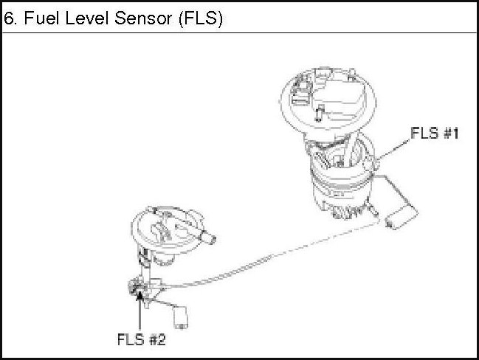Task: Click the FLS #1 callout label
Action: [x=435, y=134]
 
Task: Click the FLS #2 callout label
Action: [x=141, y=340]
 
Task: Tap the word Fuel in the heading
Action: [x=36, y=18]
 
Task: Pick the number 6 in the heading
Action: [x=10, y=18]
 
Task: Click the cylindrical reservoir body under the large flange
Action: [x=339, y=188]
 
